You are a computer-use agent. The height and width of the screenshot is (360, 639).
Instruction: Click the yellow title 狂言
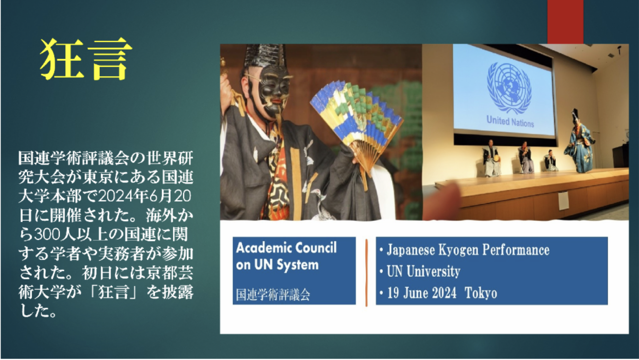coord(86,59)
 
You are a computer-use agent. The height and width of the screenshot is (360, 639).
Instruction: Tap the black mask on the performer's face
coord(272,89)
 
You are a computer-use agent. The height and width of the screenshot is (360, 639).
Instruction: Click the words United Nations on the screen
coord(510,121)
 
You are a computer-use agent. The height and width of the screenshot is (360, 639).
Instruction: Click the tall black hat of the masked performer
coord(264,55)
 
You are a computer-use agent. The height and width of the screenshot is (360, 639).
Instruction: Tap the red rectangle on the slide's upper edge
coord(565,22)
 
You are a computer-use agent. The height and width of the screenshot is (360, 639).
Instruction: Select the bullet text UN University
coord(424,271)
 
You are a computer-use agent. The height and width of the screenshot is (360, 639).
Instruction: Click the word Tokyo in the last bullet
coord(481,293)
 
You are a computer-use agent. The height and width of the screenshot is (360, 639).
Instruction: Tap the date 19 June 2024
coord(422,293)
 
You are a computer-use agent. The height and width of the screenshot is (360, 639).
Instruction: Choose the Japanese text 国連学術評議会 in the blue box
coord(273,295)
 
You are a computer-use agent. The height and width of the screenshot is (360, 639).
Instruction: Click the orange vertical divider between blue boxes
coord(366,272)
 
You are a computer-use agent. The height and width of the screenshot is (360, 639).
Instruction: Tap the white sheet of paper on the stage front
coord(564,201)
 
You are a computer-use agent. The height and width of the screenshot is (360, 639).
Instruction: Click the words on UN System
coord(277,265)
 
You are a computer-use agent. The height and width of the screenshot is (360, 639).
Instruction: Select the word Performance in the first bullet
coord(516,250)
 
